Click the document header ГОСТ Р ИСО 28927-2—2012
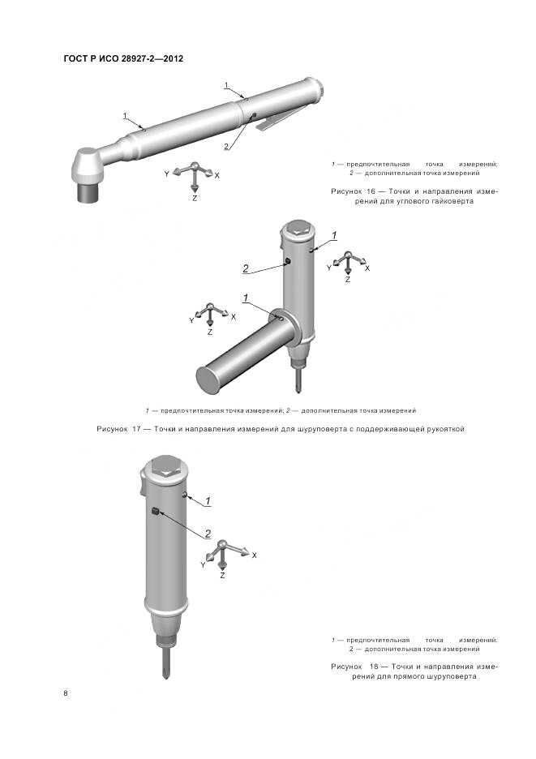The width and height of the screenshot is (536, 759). click(x=123, y=58)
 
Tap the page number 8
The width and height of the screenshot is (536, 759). click(x=66, y=693)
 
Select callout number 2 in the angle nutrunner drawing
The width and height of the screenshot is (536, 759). click(x=225, y=146)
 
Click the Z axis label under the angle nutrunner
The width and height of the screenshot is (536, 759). click(x=195, y=199)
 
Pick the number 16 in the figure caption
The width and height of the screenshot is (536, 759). click(x=372, y=191)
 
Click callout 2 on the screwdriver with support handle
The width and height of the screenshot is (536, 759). click(x=246, y=268)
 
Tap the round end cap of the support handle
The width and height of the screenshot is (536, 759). click(x=208, y=380)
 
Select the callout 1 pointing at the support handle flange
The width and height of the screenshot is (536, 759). click(x=246, y=298)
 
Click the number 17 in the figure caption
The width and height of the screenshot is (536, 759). click(x=136, y=429)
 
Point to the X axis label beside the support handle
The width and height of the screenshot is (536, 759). click(x=234, y=316)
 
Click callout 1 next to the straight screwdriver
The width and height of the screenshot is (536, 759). click(x=208, y=501)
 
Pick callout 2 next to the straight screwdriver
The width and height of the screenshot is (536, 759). click(x=208, y=534)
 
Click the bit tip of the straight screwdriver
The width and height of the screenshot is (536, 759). click(x=166, y=675)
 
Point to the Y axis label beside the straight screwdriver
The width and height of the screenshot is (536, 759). click(x=203, y=565)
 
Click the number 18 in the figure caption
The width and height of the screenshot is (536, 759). click(x=374, y=667)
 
